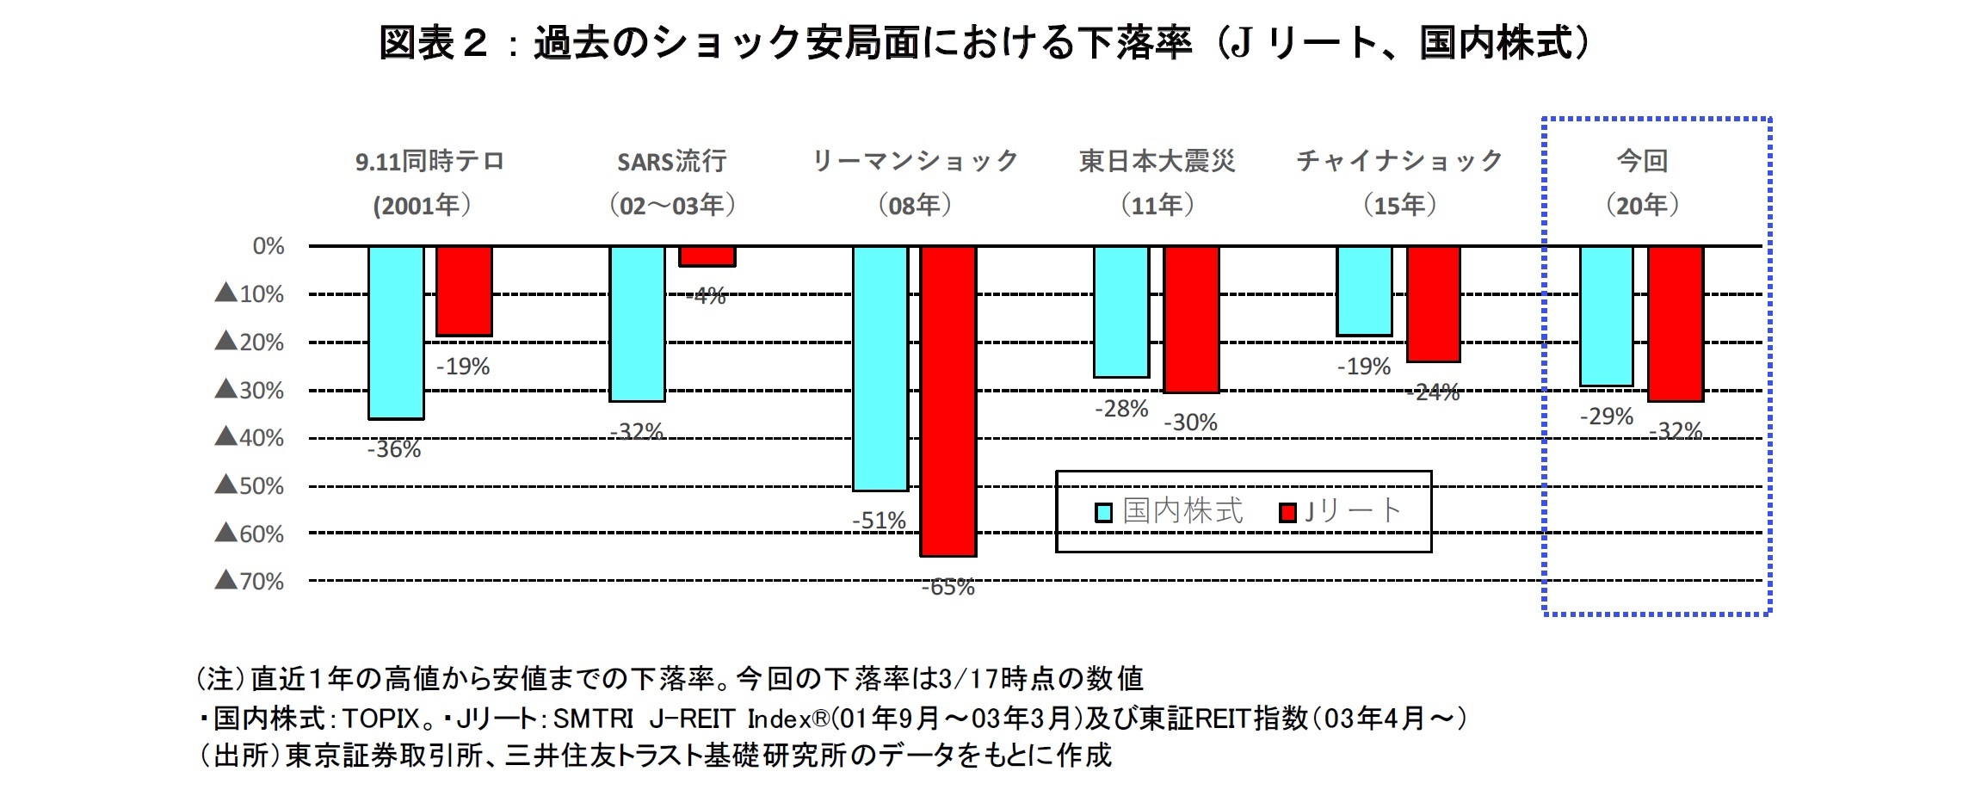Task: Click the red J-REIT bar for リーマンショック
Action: (948, 400)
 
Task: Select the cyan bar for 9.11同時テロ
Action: (396, 332)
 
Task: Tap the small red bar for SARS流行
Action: (707, 256)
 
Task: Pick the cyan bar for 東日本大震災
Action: (1121, 312)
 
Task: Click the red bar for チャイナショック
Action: (1434, 304)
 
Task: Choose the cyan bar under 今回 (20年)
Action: (1607, 316)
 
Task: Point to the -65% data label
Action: (948, 588)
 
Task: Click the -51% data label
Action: (879, 521)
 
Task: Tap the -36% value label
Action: (394, 449)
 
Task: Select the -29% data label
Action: (1606, 417)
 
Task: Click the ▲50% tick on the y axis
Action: (249, 486)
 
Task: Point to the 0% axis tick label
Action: (268, 247)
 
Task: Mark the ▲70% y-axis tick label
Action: (249, 582)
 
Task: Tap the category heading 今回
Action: (1642, 161)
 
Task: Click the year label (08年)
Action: (914, 206)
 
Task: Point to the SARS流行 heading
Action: (671, 162)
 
